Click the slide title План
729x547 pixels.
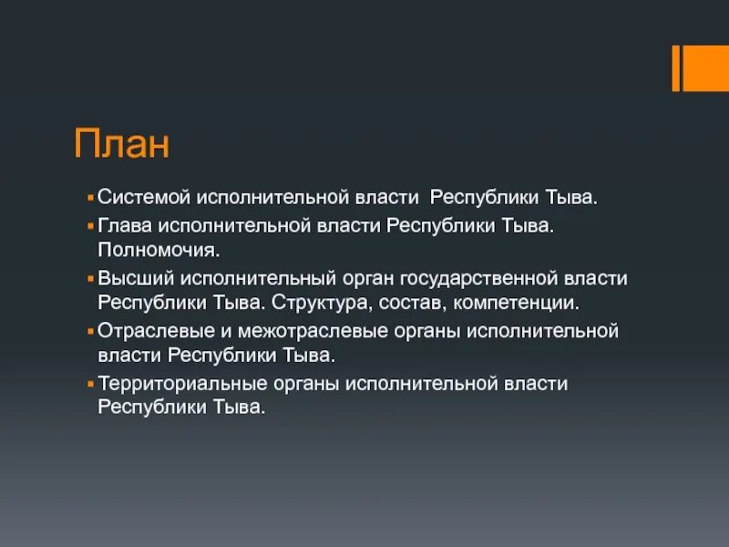(122, 143)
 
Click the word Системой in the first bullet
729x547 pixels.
(137, 197)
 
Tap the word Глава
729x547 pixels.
(123, 223)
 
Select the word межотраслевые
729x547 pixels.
(287, 330)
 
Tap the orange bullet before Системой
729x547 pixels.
(91, 197)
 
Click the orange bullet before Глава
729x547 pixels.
(91, 224)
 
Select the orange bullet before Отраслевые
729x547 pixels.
(91, 331)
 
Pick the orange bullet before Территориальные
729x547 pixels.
(91, 384)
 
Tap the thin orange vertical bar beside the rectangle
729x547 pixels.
(676, 68)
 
